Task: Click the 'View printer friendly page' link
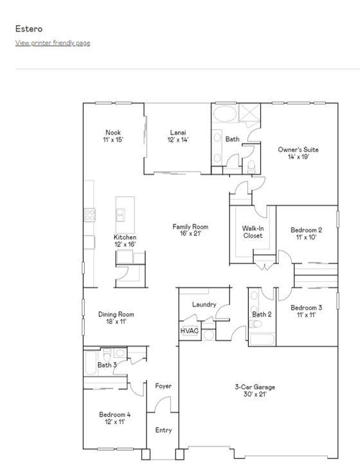point(53,43)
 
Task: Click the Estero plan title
point(29,29)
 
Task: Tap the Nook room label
point(113,136)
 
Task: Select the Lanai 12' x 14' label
point(178,136)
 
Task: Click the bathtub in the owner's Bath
point(225,114)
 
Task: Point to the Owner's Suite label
point(298,153)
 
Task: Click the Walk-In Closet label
point(253,232)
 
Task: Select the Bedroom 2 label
point(306,233)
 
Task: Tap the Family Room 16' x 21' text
point(190,230)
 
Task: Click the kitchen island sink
point(120,215)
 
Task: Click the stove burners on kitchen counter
point(89,215)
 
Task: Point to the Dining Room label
point(116,318)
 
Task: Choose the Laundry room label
point(204,304)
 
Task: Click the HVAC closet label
point(189,331)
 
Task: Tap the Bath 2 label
point(262,314)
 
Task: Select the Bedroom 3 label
point(306,311)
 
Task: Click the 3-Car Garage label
point(255,390)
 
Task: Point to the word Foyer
point(163,386)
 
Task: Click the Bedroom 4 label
point(115,418)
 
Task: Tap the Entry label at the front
point(163,430)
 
